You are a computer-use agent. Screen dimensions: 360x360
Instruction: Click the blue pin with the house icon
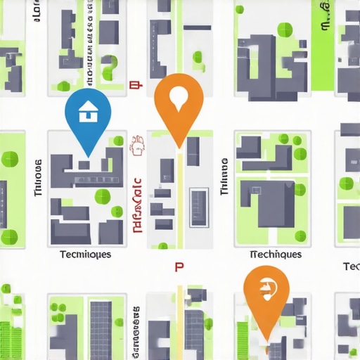point(88,116)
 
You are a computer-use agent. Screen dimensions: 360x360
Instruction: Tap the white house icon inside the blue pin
point(88,111)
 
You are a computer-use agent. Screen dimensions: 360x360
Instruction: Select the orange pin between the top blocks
point(179,105)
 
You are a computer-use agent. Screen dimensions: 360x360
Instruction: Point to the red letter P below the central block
point(179,267)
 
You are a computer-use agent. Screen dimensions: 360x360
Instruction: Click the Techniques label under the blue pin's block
point(85,255)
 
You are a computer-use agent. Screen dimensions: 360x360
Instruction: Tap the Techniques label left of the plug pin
point(276,255)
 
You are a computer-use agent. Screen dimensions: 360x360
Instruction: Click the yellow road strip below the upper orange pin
point(179,197)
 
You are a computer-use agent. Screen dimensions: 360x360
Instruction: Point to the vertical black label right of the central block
point(224,176)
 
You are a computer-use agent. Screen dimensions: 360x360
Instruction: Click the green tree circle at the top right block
point(284,30)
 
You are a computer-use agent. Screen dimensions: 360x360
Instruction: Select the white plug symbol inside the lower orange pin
point(266,288)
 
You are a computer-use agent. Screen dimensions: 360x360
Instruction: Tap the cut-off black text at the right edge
point(352,266)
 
